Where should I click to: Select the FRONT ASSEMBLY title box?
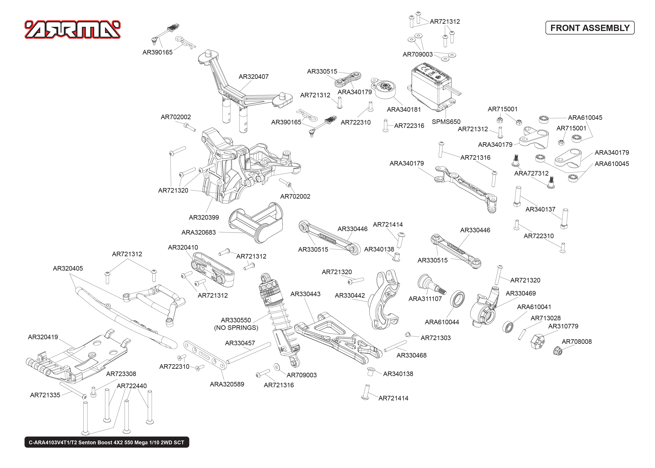(x=590, y=28)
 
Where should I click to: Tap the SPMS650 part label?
(x=446, y=122)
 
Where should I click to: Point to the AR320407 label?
(x=253, y=77)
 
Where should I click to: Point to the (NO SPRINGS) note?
(x=236, y=328)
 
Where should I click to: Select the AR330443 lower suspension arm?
(x=337, y=337)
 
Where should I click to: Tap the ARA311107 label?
(x=425, y=299)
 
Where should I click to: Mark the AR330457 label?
(x=240, y=343)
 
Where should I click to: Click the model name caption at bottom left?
(x=107, y=442)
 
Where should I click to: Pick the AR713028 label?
(x=546, y=318)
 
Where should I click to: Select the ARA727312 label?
(x=531, y=173)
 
